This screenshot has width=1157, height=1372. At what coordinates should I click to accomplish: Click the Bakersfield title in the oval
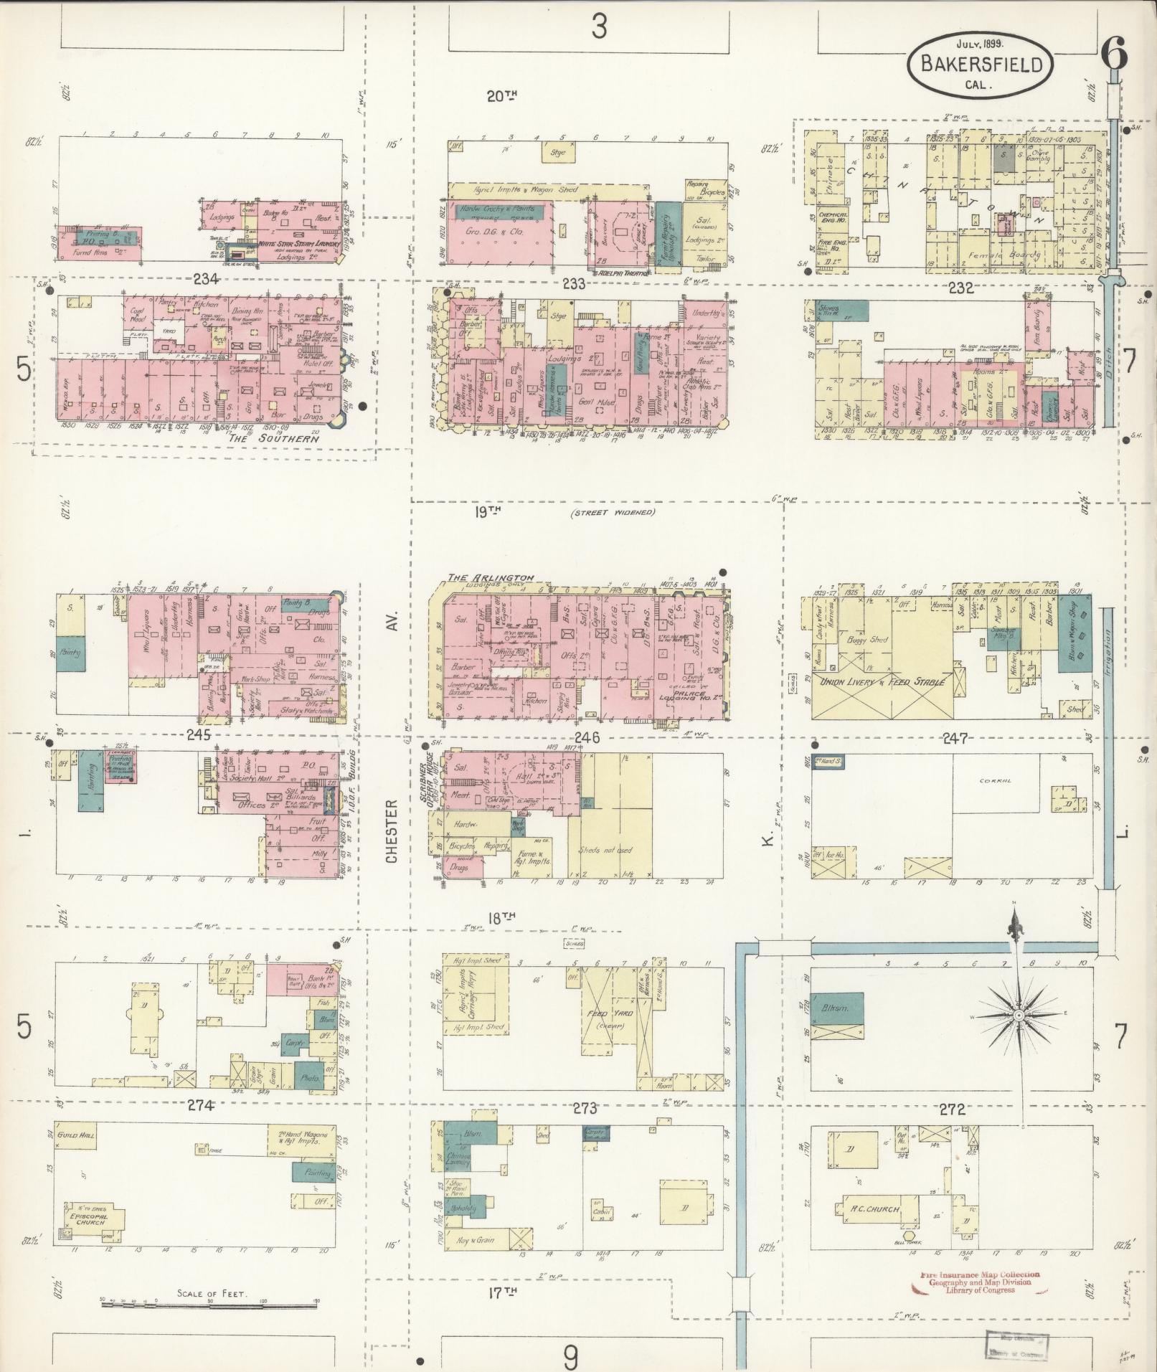981,65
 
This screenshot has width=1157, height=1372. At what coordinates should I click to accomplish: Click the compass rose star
1018,1017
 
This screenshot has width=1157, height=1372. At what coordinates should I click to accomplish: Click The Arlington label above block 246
491,577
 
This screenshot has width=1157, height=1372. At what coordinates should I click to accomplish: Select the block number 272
951,1110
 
